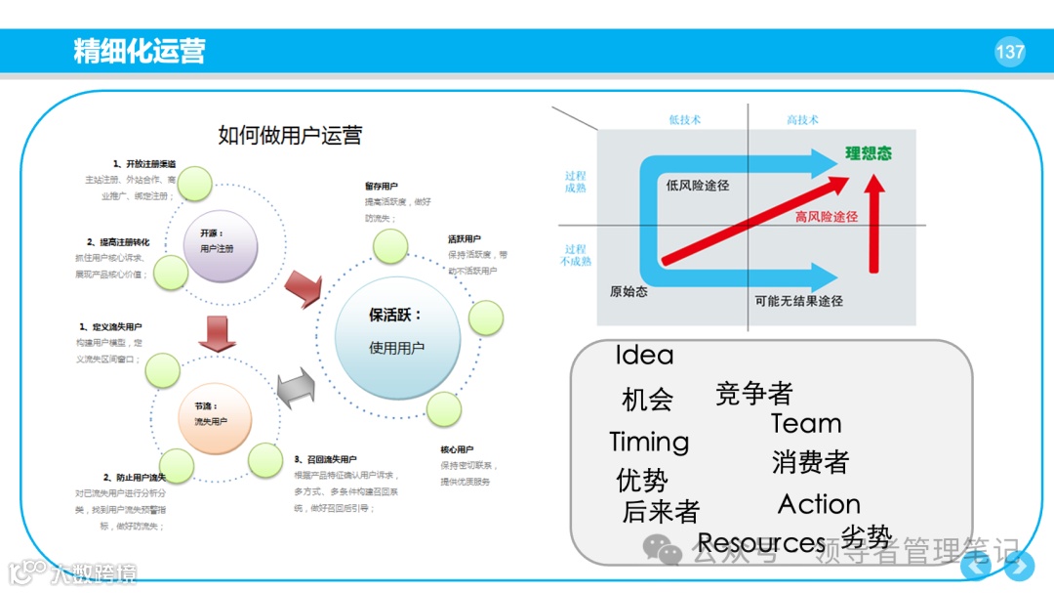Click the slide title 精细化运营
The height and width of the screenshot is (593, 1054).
(140, 51)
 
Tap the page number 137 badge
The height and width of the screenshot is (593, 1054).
(1010, 52)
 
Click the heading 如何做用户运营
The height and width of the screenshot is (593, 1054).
(290, 135)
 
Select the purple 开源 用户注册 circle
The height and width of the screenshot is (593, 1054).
(221, 241)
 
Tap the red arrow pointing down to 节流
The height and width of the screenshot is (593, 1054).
(217, 333)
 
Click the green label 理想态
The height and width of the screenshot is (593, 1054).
(868, 153)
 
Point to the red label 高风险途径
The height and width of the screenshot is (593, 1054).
(826, 217)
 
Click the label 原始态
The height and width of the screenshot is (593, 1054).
(628, 291)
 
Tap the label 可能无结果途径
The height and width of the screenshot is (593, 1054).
(798, 301)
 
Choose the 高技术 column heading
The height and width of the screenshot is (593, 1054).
(802, 120)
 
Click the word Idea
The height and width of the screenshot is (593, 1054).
(644, 356)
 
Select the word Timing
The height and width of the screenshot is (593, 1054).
(649, 442)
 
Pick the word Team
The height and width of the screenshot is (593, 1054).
(806, 424)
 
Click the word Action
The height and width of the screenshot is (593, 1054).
(819, 504)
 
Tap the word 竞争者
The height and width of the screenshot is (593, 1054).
(753, 394)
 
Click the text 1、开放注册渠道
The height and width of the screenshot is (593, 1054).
(143, 164)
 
